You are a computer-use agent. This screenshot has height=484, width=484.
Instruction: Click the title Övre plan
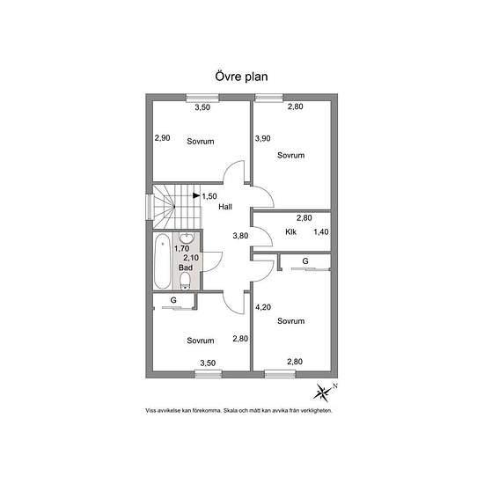pyautogui.click(x=241, y=77)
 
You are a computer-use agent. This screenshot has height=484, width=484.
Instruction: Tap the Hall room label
pyautogui.click(x=225, y=207)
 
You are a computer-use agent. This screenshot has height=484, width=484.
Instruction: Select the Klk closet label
pyautogui.click(x=290, y=231)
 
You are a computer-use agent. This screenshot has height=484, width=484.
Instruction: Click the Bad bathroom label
pyautogui.click(x=186, y=268)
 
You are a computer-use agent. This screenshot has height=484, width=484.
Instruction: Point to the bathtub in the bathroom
pyautogui.click(x=163, y=261)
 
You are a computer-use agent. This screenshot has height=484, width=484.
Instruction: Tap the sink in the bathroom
pyautogui.click(x=187, y=238)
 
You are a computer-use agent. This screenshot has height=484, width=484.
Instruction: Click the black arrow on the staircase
pyautogui.click(x=196, y=195)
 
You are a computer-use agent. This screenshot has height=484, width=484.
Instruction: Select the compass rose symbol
pyautogui.click(x=323, y=392)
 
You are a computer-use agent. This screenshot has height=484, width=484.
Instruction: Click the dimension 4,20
pyautogui.click(x=263, y=307)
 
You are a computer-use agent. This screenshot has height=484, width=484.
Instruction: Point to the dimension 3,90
pyautogui.click(x=263, y=138)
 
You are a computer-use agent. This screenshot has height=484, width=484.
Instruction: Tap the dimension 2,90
pyautogui.click(x=163, y=137)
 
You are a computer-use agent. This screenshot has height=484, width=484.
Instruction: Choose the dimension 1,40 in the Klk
pyautogui.click(x=321, y=231)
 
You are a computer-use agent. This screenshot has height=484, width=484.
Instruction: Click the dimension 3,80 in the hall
pyautogui.click(x=240, y=236)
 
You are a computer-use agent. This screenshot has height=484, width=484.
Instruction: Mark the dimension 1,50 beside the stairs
pyautogui.click(x=209, y=196)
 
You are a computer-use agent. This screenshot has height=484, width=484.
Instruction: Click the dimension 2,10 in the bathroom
pyautogui.click(x=191, y=258)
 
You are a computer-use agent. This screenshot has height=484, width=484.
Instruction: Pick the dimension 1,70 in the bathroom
pyautogui.click(x=181, y=248)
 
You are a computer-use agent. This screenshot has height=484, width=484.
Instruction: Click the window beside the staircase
pyautogui.click(x=150, y=207)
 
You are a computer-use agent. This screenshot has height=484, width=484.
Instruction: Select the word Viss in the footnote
pyautogui.click(x=150, y=411)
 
